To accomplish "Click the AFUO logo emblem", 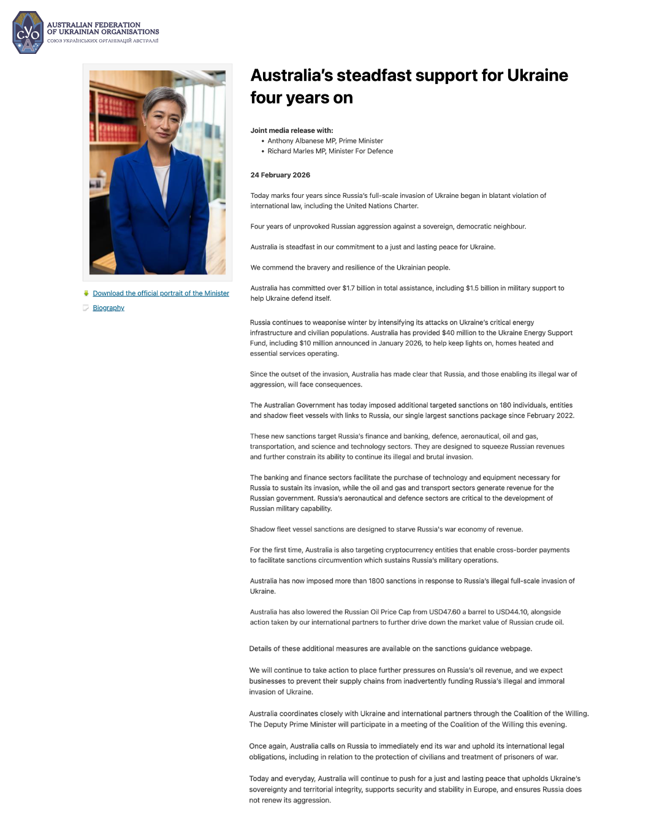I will pyautogui.click(x=28, y=33).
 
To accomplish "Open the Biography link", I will pyautogui.click(x=108, y=308).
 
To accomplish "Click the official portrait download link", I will pyautogui.click(x=161, y=293).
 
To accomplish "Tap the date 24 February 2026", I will pyautogui.click(x=280, y=175).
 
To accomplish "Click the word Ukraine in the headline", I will pyautogui.click(x=538, y=75).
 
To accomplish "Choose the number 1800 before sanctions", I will pyautogui.click(x=376, y=581).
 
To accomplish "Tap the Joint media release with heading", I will pyautogui.click(x=292, y=130).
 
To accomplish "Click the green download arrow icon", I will pyautogui.click(x=86, y=293).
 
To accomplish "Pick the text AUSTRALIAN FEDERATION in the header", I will pyautogui.click(x=94, y=25).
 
